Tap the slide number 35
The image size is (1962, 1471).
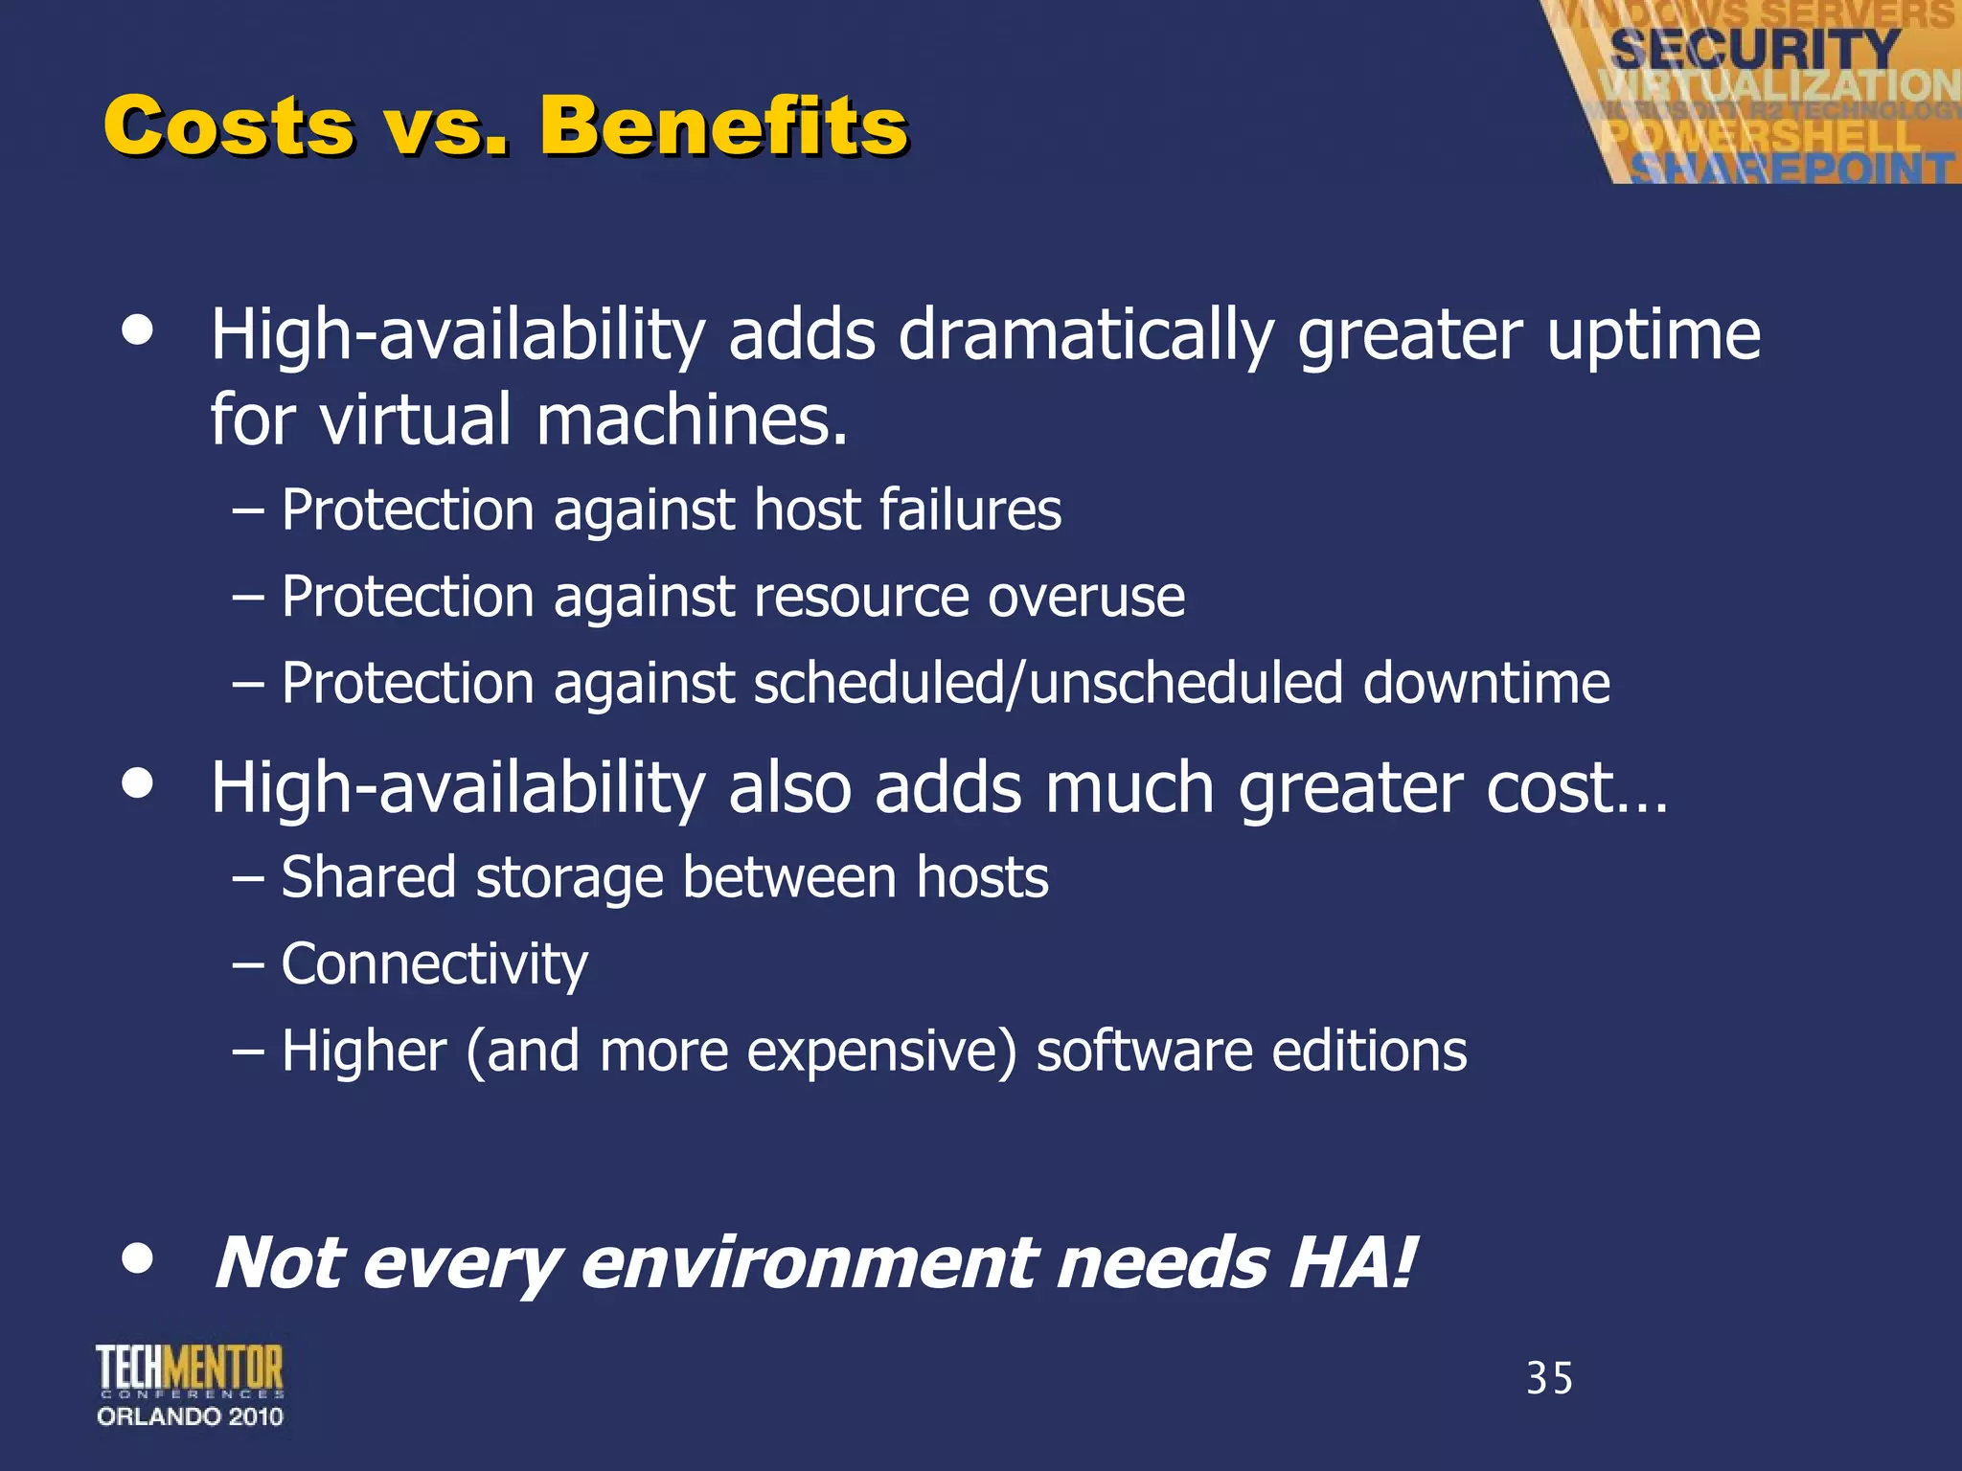coord(1549,1379)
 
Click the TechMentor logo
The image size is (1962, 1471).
coord(190,1369)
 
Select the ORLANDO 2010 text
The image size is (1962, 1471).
coord(190,1416)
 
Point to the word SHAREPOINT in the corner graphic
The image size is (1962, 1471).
coord(1791,169)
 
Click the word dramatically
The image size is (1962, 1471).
coord(1085,336)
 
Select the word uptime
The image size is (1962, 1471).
coord(1654,336)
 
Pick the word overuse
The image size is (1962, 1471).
coord(1086,597)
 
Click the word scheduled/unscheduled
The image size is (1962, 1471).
coord(1047,684)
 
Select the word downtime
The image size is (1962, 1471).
coord(1486,684)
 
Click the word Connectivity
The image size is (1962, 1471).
coord(434,964)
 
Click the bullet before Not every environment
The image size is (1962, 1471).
coord(138,1259)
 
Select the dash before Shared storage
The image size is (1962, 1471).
coord(248,879)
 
